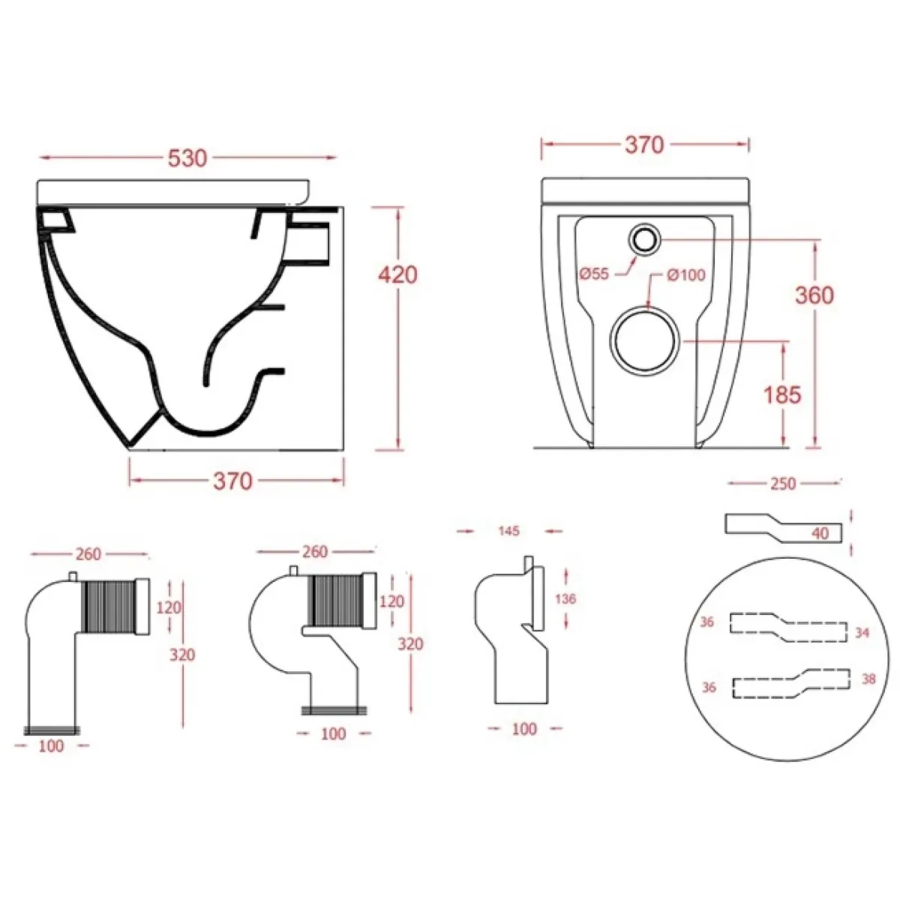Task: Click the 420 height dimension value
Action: click(x=397, y=274)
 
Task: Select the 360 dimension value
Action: click(x=814, y=295)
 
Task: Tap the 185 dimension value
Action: click(x=782, y=395)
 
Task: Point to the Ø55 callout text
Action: click(x=594, y=274)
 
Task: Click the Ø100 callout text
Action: click(x=686, y=275)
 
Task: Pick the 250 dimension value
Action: click(x=783, y=484)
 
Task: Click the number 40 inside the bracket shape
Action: click(x=820, y=533)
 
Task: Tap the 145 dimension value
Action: click(x=508, y=531)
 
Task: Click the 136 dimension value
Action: click(x=565, y=598)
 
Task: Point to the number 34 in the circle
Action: click(x=862, y=632)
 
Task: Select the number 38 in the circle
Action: click(x=868, y=679)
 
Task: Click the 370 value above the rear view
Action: click(x=644, y=145)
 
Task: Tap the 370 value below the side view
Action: click(x=232, y=481)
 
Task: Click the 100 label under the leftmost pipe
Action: click(x=51, y=745)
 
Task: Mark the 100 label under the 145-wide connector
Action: click(x=524, y=729)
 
